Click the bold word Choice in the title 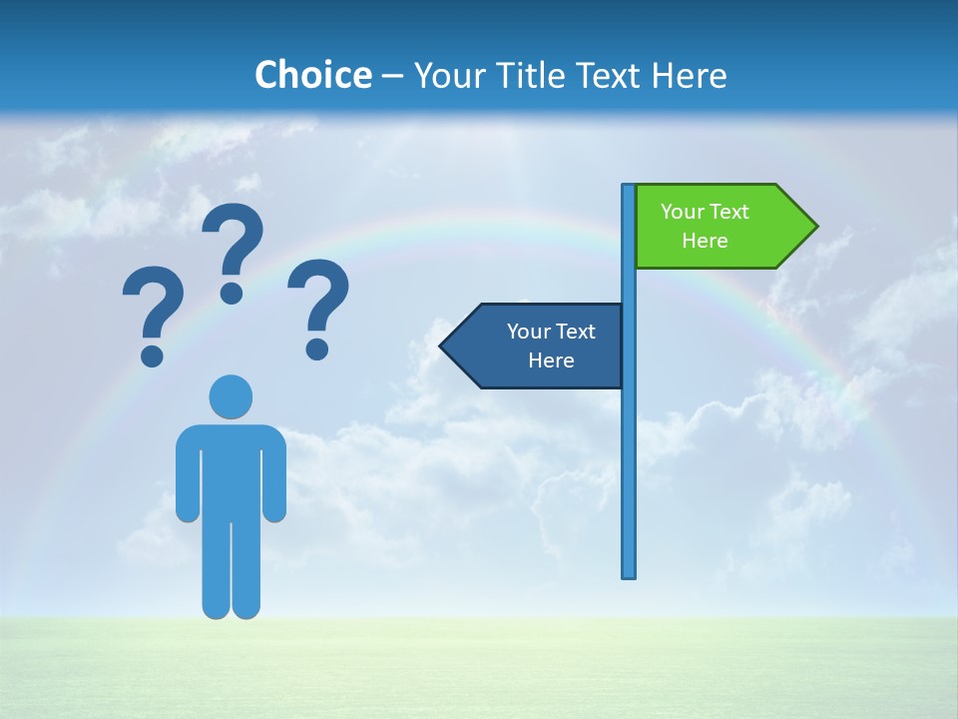(x=312, y=75)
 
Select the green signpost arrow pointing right (x=718, y=227)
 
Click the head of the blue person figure (x=231, y=396)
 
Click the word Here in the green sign (x=705, y=241)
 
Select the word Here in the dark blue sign (x=551, y=360)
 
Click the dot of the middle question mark (x=232, y=292)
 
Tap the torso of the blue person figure (x=231, y=469)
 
